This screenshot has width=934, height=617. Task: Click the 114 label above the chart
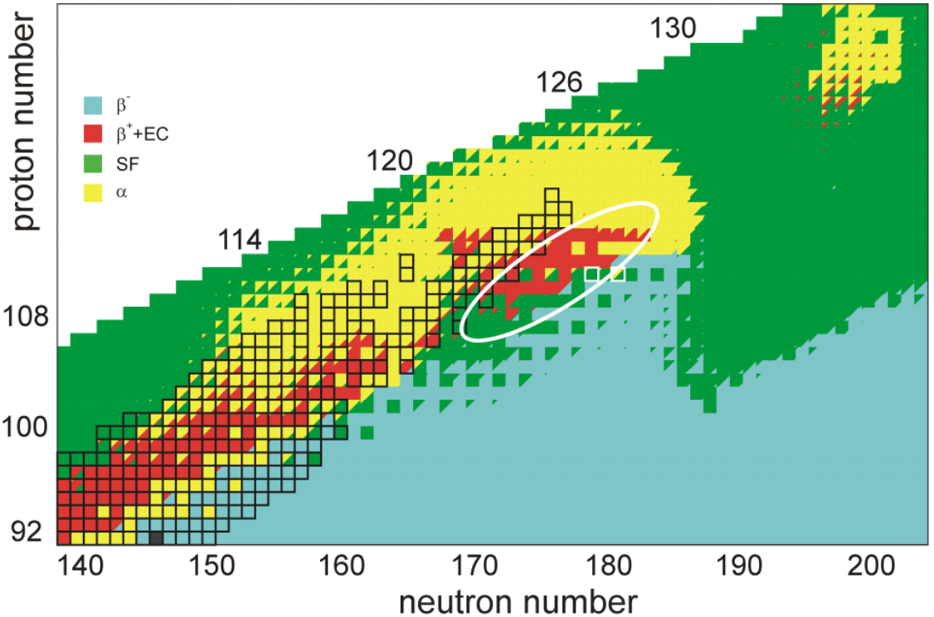pos(241,240)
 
